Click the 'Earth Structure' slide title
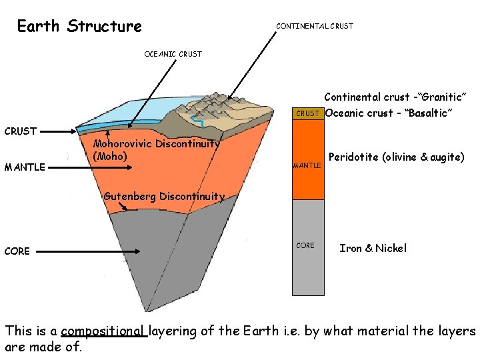pyautogui.click(x=79, y=27)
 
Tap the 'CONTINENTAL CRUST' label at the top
pyautogui.click(x=315, y=27)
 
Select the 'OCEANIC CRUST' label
pyautogui.click(x=173, y=54)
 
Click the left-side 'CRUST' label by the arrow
pyautogui.click(x=21, y=131)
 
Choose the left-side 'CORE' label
pyautogui.click(x=17, y=251)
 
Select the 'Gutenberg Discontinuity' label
pyautogui.click(x=164, y=196)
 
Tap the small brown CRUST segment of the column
pyautogui.click(x=307, y=113)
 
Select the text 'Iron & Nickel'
pyautogui.click(x=373, y=248)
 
